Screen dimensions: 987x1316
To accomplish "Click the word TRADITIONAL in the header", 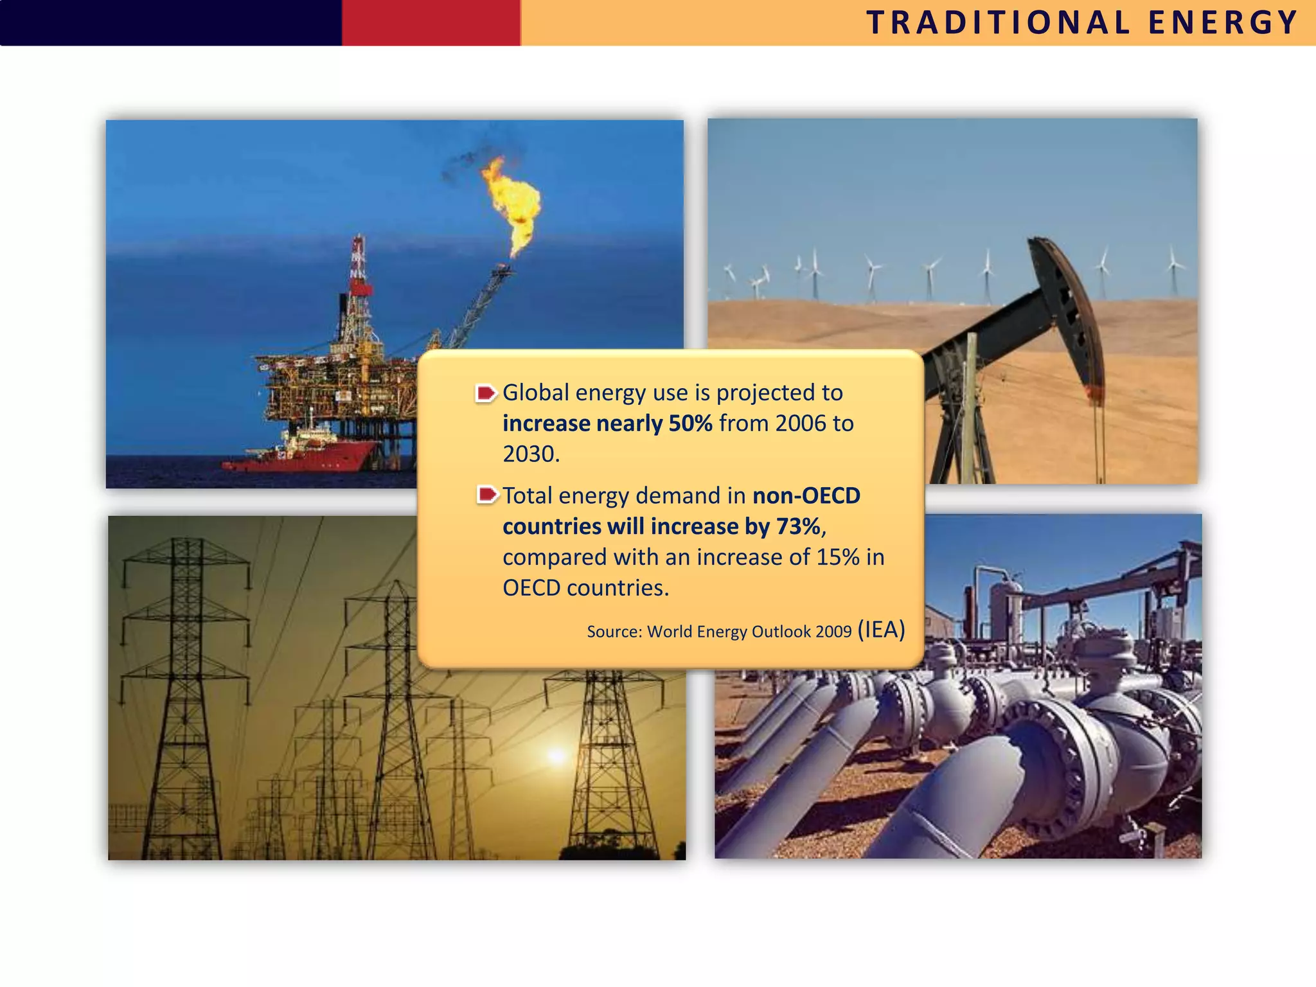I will [x=998, y=23].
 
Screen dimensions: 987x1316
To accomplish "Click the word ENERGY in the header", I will [x=1223, y=23].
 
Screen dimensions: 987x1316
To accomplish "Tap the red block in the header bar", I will [x=431, y=22].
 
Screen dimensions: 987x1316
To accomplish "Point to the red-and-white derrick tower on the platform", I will [x=358, y=270].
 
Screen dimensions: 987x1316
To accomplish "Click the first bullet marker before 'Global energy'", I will [x=486, y=393].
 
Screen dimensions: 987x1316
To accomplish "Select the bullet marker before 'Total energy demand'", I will [x=487, y=495].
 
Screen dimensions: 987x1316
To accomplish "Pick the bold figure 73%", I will [x=798, y=526].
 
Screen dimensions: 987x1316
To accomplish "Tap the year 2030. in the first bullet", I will [x=531, y=454].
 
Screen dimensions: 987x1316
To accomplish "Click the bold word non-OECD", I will [x=806, y=495].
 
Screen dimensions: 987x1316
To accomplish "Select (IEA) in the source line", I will [x=881, y=629].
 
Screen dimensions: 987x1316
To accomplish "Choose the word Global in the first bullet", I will [x=535, y=393].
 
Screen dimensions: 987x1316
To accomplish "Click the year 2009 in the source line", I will [x=833, y=632].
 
